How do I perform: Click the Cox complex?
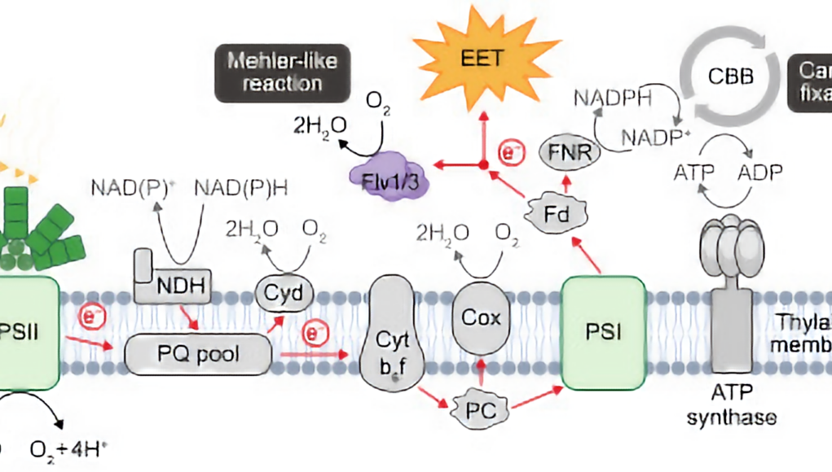pos(480,317)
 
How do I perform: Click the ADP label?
pos(759,173)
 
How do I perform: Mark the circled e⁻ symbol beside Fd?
pos(510,151)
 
